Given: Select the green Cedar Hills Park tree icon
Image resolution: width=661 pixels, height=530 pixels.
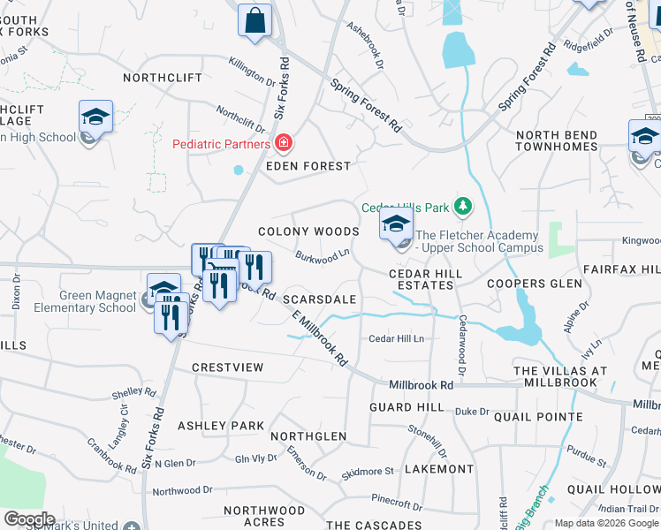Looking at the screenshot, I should pos(462,208).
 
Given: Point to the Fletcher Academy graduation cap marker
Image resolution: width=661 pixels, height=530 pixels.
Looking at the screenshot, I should pos(396,224).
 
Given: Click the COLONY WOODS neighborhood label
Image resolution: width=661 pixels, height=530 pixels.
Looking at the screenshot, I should pos(308,231).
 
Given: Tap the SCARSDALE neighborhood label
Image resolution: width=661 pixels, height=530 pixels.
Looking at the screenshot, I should pos(319,299).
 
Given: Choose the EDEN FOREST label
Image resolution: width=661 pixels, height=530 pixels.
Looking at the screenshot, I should pos(308,166).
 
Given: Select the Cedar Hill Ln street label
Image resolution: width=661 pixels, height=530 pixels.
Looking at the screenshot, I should pos(396,338).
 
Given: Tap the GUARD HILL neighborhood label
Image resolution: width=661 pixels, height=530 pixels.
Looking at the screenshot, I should pos(406,407).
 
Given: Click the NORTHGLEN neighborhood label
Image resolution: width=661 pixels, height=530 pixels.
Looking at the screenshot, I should pos(308,436).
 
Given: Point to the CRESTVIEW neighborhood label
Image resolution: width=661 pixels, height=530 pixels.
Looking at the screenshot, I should pos(227,367).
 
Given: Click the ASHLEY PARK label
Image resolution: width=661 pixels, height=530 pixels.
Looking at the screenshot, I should pos(221,426).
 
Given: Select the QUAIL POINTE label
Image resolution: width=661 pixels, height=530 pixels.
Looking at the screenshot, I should pos(538,417).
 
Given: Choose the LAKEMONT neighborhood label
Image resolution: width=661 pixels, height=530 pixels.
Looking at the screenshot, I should pos(439,469).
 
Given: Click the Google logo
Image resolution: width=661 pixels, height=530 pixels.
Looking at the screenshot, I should pos(28,519).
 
